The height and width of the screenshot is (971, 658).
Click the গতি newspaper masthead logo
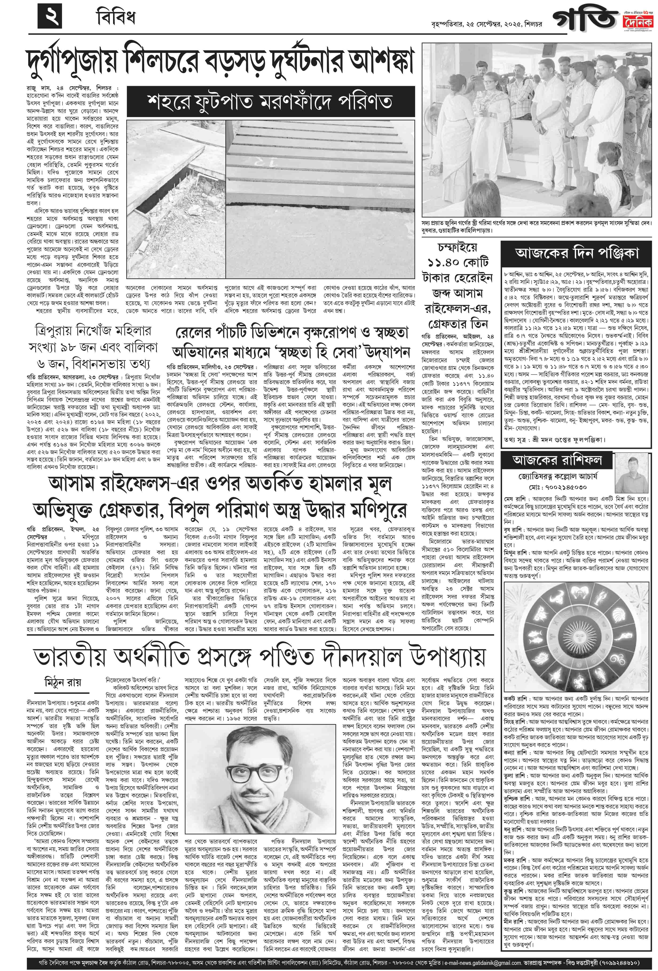(585, 19)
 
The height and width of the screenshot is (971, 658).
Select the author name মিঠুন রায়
(63, 682)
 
